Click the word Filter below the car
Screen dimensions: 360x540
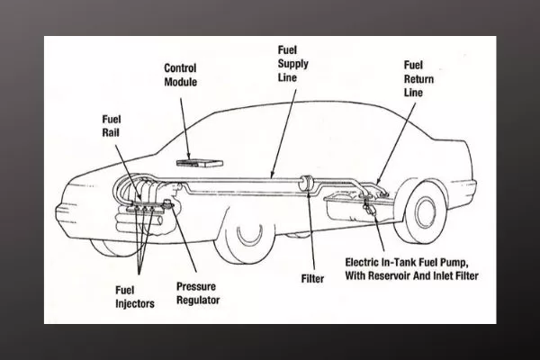point(312,279)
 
